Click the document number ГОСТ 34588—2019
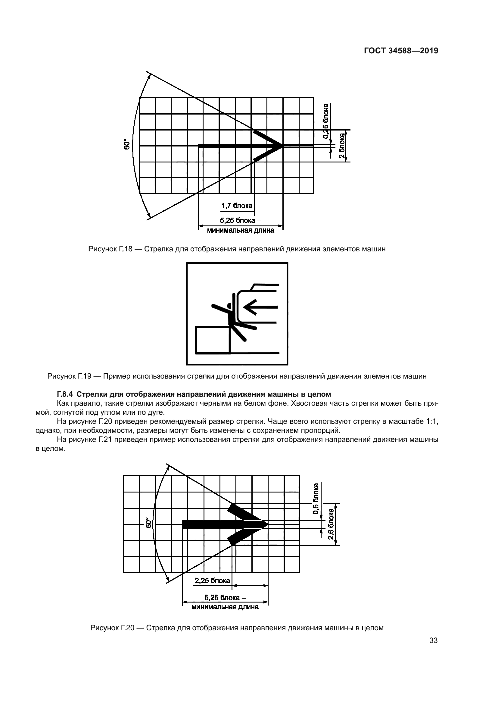(401, 51)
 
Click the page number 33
(433, 640)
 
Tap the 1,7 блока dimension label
(237, 206)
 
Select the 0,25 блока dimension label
(326, 121)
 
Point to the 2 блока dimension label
(342, 146)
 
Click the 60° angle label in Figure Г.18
(126, 144)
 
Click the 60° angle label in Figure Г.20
(149, 523)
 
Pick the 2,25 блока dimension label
(212, 581)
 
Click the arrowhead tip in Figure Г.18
(282, 146)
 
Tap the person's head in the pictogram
(229, 305)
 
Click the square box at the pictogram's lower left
(213, 340)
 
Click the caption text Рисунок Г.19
(69, 376)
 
